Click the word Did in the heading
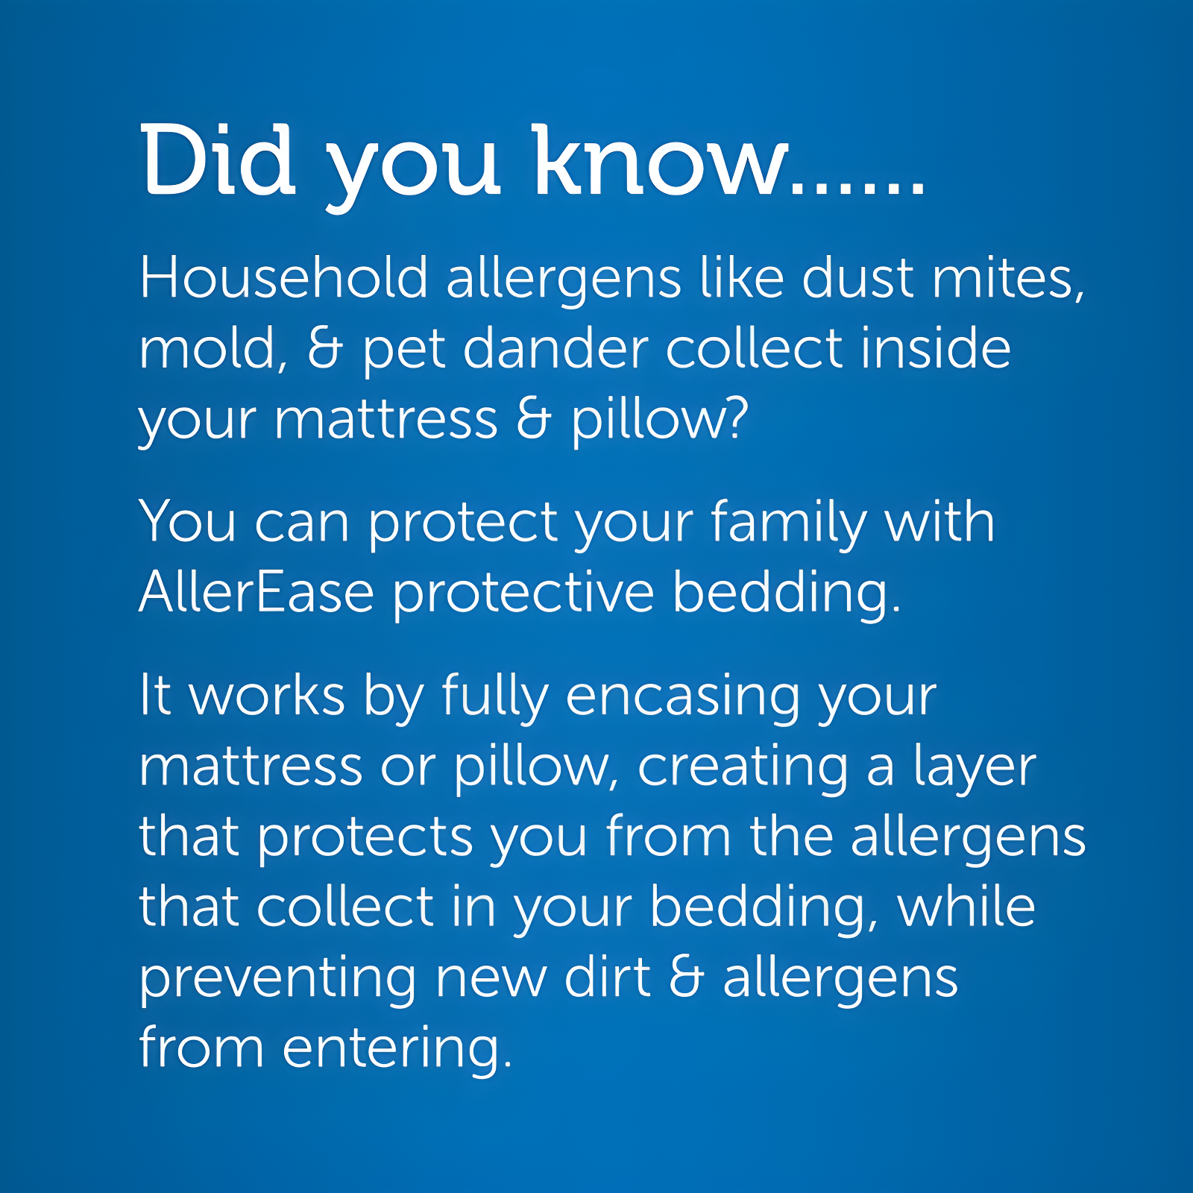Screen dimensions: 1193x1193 coord(218,160)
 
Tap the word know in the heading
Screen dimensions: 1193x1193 coord(661,160)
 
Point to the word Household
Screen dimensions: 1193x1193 coord(283,278)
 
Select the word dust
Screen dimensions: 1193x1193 coord(857,278)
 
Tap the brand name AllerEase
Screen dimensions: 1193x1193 coord(256,593)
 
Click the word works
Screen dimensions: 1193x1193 coord(267,696)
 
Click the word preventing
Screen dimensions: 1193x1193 coord(277,979)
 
